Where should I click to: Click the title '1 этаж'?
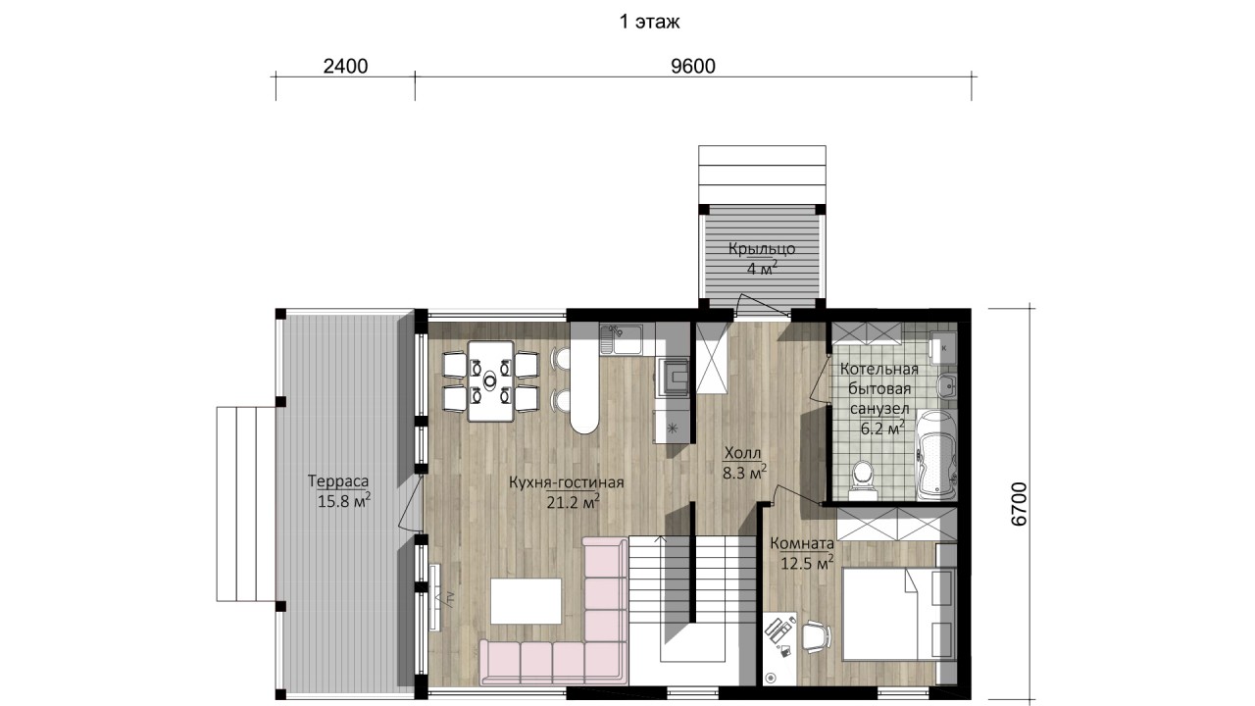click(x=649, y=22)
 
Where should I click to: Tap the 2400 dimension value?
click(x=346, y=66)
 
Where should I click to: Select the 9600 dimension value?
click(x=693, y=66)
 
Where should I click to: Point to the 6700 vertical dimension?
click(x=1019, y=504)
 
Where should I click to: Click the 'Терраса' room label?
click(x=338, y=481)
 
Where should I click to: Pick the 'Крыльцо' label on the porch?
click(x=762, y=249)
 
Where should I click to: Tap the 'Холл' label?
click(x=743, y=453)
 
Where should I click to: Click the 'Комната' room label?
click(x=802, y=543)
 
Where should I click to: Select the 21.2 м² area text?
click(x=574, y=501)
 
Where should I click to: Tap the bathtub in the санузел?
click(x=935, y=455)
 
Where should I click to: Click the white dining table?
click(x=491, y=381)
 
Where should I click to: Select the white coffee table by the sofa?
click(x=527, y=601)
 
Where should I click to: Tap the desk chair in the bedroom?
click(x=816, y=637)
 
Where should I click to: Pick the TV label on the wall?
click(x=449, y=598)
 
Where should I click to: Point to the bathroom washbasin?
click(x=947, y=386)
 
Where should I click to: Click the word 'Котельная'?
click(x=879, y=370)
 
